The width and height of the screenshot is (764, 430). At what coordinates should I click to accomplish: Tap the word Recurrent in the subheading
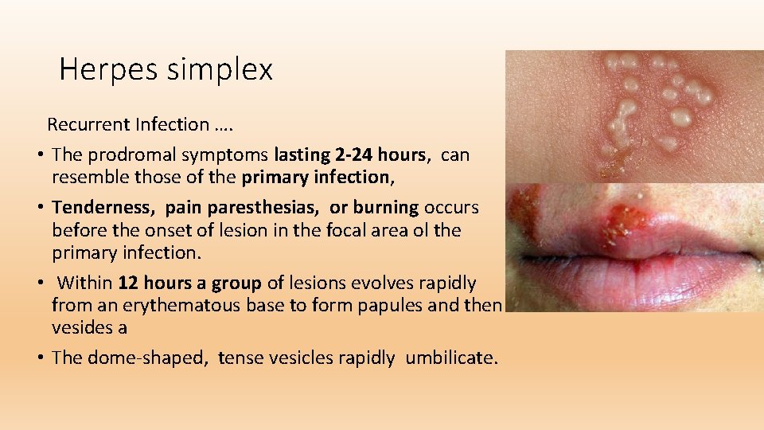click(88, 124)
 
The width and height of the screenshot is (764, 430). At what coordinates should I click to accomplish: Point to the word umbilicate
click(450, 358)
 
